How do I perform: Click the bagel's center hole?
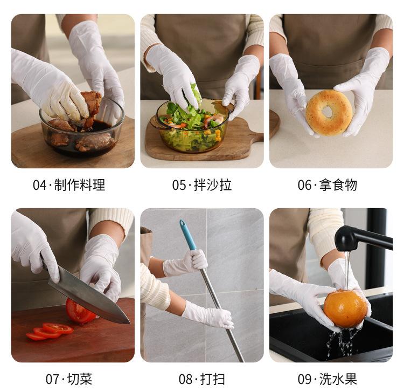point(328,112)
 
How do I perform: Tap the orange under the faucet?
point(345,308)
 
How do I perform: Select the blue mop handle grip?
point(188,235)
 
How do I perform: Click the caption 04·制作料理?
point(69,185)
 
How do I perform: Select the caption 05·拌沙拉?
point(202,185)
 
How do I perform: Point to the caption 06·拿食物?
point(327,185)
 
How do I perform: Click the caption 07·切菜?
point(69,379)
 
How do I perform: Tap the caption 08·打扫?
point(202,379)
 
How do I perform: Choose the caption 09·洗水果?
point(327,379)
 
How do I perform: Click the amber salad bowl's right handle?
point(227,108)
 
